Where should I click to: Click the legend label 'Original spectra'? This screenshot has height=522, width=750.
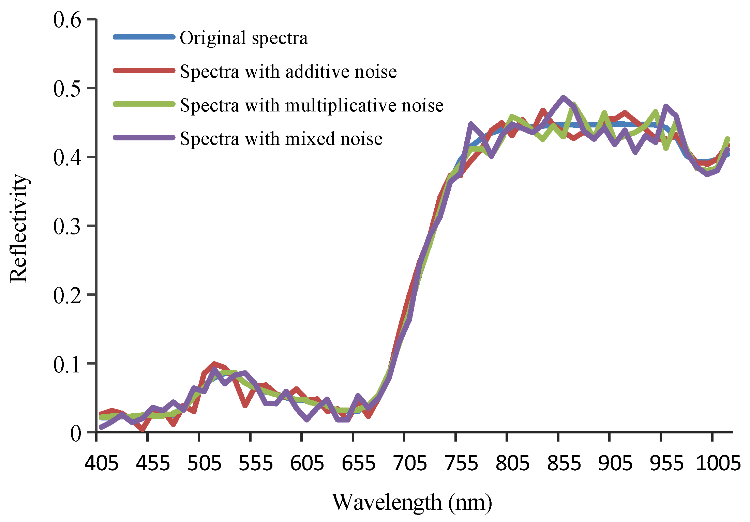pos(243,38)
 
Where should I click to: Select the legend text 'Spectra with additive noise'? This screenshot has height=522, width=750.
pos(288,72)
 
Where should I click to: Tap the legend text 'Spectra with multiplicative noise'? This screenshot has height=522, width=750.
pos(312,105)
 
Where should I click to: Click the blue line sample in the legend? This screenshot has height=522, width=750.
pos(144,37)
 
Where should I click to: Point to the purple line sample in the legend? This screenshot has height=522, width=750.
pos(144,138)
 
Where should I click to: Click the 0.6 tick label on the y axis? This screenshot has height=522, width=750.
pos(67,20)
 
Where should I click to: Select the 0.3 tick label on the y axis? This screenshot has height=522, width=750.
pos(67,226)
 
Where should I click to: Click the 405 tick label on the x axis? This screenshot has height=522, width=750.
pos(102,463)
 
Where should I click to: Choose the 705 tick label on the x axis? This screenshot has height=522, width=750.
pos(410,463)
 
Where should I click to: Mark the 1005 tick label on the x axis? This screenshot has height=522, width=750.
pos(718,463)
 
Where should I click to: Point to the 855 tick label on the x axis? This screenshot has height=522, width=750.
pos(564,463)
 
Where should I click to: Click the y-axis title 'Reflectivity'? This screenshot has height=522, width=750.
pos(18,228)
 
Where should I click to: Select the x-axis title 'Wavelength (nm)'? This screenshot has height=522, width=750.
pos(412,502)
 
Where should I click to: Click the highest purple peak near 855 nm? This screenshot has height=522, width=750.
pos(563,97)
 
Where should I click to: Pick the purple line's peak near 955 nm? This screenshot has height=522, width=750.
pos(666,107)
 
